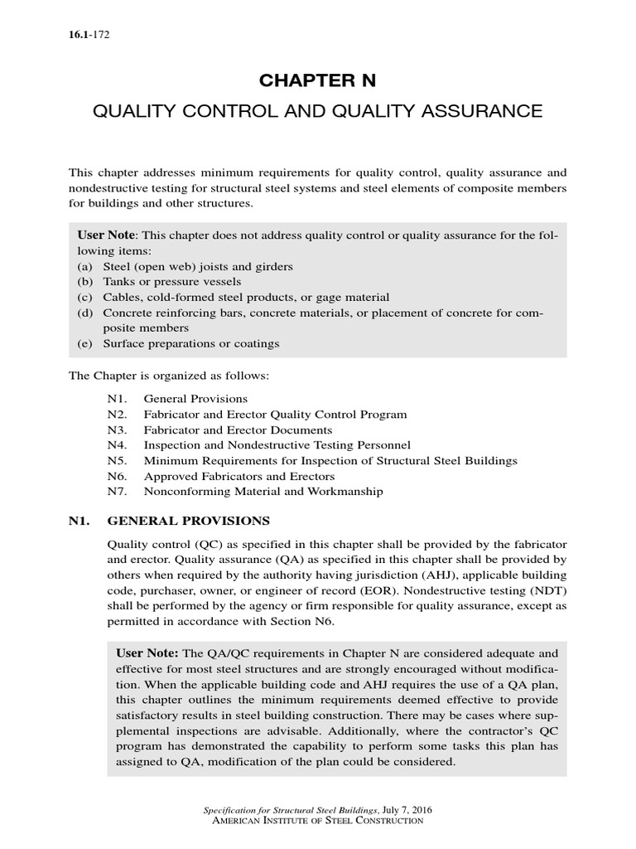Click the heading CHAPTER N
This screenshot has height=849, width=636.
[x=318, y=80]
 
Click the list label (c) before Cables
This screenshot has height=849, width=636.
[x=85, y=297]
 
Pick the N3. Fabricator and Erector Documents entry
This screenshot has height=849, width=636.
[x=219, y=429]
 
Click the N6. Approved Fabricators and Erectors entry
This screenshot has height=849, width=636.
[x=220, y=476]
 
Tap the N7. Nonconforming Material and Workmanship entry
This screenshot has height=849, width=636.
[x=244, y=491]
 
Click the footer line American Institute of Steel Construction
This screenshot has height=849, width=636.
[x=318, y=820]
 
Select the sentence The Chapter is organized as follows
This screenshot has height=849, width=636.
[x=168, y=376]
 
